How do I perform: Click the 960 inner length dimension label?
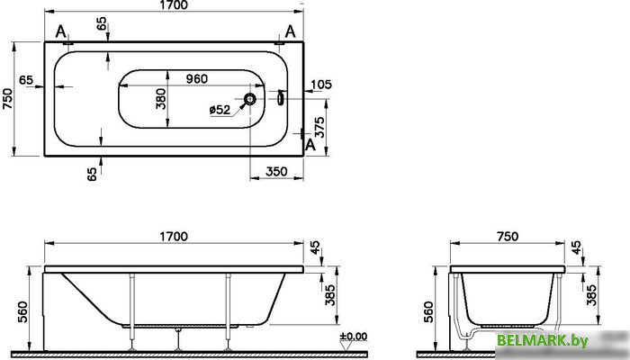pos(197,79)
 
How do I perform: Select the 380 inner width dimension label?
pos(160,99)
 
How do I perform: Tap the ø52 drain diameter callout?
pos(220,109)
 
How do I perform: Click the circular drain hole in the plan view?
pos(250,99)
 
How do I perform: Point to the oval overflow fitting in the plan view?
pos(281,98)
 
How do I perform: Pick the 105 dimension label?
pos(321,85)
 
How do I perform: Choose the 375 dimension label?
pos(319,127)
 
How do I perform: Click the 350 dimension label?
pos(276,172)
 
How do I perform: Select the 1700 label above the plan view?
pos(174,5)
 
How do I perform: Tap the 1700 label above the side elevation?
pos(174,236)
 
